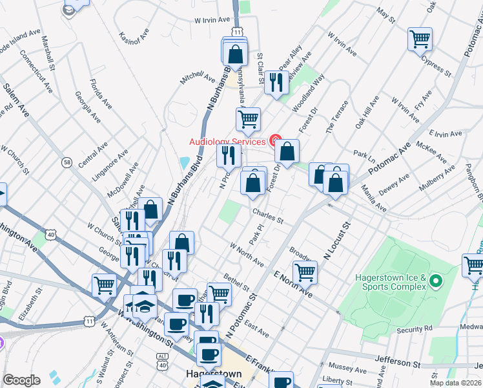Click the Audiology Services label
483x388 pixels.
[x=227, y=142]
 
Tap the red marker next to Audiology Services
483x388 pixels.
[x=275, y=140]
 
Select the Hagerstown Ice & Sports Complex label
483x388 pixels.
[x=391, y=282]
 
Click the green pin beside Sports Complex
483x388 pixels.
[x=435, y=281]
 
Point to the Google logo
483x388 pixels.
[x=21, y=380]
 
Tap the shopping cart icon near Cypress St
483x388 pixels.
[x=420, y=39]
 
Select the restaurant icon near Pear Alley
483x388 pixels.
[x=276, y=82]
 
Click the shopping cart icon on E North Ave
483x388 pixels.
[x=305, y=272]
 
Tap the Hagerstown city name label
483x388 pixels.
[x=213, y=374]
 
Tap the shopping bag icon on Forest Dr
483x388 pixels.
[x=287, y=153]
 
